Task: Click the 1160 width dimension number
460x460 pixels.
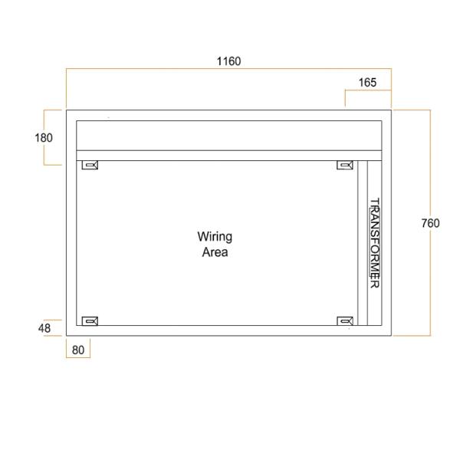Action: [x=228, y=61]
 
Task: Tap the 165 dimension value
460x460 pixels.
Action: [x=367, y=83]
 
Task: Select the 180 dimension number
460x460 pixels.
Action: [x=44, y=138]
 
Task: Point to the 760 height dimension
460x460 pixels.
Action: [x=431, y=223]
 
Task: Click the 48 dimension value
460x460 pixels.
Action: [x=44, y=328]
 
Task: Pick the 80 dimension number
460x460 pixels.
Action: [x=78, y=350]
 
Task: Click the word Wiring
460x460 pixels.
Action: [x=215, y=237]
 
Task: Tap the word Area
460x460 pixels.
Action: [x=215, y=252]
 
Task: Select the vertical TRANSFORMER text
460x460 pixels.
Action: [x=375, y=243]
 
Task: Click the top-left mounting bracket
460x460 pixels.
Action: [x=91, y=166]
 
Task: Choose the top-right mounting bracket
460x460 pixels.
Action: [x=346, y=166]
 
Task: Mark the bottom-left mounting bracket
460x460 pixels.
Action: [x=91, y=320]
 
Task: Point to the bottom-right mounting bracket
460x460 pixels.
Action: [x=346, y=320]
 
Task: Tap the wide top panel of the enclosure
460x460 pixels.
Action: [x=229, y=135]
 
